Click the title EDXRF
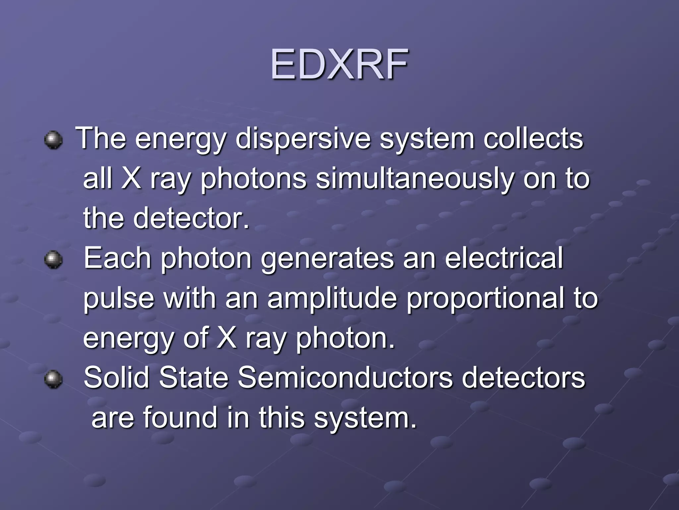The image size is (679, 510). [339, 64]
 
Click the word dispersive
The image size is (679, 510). [303, 138]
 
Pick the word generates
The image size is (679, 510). [328, 259]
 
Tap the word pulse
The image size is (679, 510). [119, 298]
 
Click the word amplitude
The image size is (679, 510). [332, 298]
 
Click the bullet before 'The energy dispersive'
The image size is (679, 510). [53, 139]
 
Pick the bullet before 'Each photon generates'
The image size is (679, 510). [53, 259]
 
